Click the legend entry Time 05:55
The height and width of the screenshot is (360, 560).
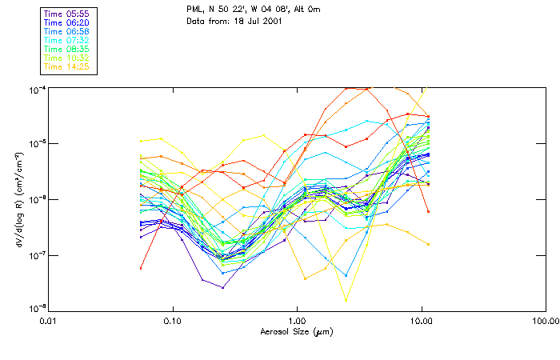pyautogui.click(x=67, y=14)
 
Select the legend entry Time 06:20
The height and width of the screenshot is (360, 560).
pyautogui.click(x=67, y=22)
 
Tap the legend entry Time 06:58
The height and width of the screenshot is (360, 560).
pyautogui.click(x=67, y=31)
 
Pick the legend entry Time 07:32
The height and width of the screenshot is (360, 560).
pyautogui.click(x=67, y=40)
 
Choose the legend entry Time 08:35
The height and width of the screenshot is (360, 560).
pyautogui.click(x=67, y=49)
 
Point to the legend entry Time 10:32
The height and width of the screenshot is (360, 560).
pyautogui.click(x=67, y=58)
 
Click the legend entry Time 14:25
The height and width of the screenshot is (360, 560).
pyautogui.click(x=67, y=66)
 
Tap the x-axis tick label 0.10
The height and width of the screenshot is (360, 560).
pyautogui.click(x=173, y=321)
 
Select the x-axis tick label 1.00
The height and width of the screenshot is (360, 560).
pyautogui.click(x=297, y=321)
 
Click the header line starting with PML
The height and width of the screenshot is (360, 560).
pyautogui.click(x=254, y=10)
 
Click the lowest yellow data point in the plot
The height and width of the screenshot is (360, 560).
pyautogui.click(x=346, y=301)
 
